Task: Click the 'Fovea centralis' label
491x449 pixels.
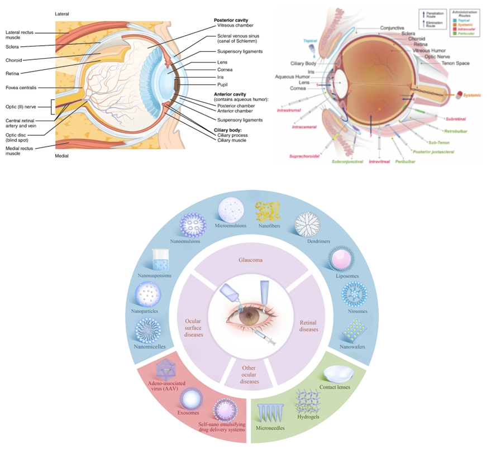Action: (22, 88)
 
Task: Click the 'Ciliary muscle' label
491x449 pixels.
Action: (230, 140)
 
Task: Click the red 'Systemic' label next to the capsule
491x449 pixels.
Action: (472, 95)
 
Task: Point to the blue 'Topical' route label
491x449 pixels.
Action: (310, 41)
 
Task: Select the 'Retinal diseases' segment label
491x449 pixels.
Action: (309, 326)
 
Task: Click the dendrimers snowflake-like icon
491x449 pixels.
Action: (307, 225)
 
